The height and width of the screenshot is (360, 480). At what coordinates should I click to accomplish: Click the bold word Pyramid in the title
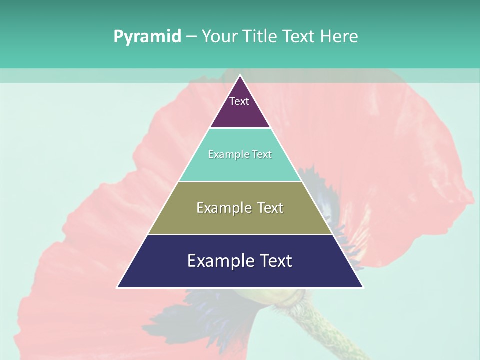tap(147, 37)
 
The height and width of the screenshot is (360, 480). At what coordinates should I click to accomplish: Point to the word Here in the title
tap(339, 37)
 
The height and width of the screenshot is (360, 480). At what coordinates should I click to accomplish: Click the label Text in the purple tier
tap(239, 101)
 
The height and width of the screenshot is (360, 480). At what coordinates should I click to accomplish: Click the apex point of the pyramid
tap(240, 76)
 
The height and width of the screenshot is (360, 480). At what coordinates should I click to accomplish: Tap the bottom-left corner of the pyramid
tap(118, 287)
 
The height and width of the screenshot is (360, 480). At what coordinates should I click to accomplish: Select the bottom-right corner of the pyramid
tap(362, 287)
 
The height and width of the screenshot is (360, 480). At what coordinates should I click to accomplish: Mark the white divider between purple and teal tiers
tap(240, 128)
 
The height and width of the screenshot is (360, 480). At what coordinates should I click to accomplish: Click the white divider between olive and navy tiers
tap(240, 234)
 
